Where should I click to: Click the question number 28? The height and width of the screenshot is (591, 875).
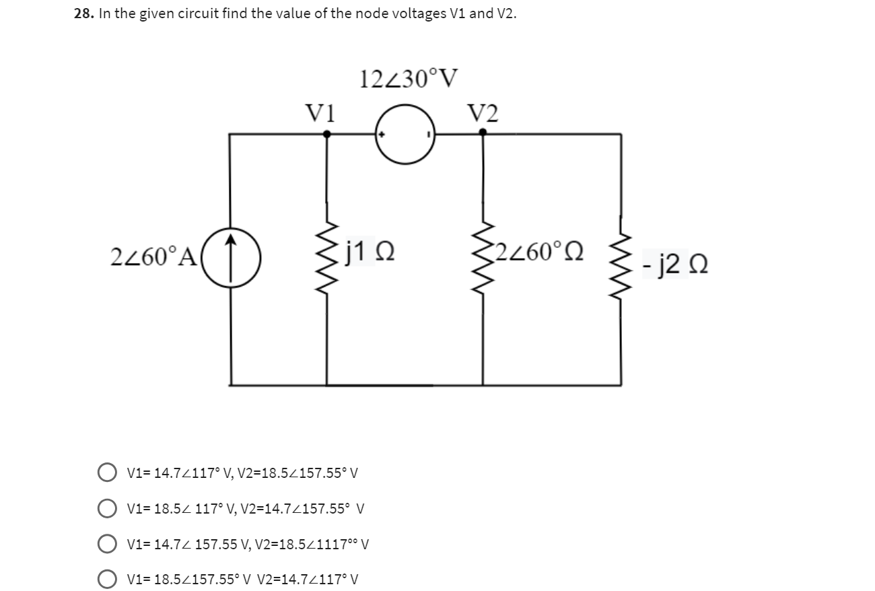83,15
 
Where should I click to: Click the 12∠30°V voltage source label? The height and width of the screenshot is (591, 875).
409,80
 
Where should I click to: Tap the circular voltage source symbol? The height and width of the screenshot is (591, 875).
406,134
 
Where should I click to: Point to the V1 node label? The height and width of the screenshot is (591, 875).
321,112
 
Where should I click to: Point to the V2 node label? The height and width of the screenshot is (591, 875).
483,113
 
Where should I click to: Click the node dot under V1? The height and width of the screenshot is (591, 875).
327,134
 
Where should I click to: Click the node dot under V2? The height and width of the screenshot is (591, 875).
483,133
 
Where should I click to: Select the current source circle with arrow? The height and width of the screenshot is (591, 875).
231,256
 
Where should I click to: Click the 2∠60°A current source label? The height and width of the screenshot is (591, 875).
152,256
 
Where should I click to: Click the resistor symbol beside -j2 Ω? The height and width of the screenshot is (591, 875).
621,259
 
